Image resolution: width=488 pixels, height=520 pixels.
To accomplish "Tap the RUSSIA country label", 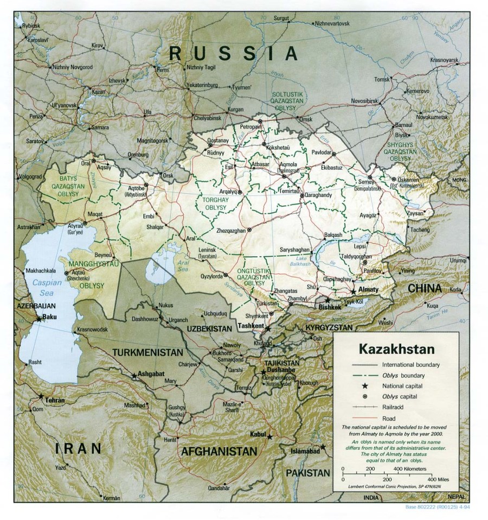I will click(x=233, y=53).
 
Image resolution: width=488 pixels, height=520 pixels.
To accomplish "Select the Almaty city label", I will click(x=369, y=290).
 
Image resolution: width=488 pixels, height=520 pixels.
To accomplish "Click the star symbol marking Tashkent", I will click(x=267, y=329).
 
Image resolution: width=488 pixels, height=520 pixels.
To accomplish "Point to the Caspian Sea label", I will click(x=43, y=287).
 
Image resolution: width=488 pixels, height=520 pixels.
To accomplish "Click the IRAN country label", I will click(x=78, y=448).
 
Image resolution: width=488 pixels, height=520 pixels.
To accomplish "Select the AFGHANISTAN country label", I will click(x=219, y=452).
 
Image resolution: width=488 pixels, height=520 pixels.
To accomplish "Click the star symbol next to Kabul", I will click(x=269, y=436).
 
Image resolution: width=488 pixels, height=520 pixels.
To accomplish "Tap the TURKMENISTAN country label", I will click(x=147, y=352).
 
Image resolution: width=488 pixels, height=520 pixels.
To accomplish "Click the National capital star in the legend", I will click(x=365, y=386).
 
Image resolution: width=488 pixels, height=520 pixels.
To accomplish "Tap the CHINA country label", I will click(x=425, y=288).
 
